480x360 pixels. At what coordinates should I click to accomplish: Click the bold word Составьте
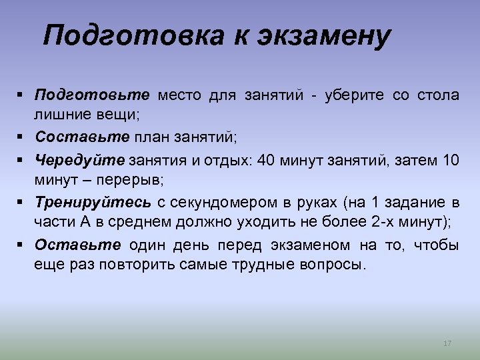[x=82, y=137]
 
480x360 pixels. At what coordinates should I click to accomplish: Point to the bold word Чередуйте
[x=79, y=159]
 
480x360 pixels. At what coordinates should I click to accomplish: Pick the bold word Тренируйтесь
[x=93, y=202]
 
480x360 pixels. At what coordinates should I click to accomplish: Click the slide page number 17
[x=447, y=343]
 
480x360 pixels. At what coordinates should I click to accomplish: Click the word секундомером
[x=221, y=202]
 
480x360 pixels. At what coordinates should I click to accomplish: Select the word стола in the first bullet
[x=439, y=95]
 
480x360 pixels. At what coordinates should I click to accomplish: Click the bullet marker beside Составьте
[x=22, y=137]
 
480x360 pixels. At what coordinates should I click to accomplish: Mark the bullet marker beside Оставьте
[x=22, y=245]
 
